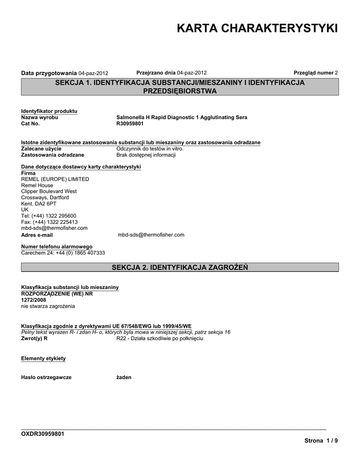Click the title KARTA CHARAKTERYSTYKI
pyautogui.click(x=257, y=29)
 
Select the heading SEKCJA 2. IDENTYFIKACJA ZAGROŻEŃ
pyautogui.click(x=180, y=267)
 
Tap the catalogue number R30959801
pyautogui.click(x=130, y=124)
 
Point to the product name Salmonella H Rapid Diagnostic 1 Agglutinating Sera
pyautogui.click(x=182, y=117)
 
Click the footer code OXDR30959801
pyautogui.click(x=43, y=434)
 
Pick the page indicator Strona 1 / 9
pyautogui.click(x=321, y=441)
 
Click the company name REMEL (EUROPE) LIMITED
pyautogui.click(x=55, y=179)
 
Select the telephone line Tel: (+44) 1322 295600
pyautogui.click(x=49, y=216)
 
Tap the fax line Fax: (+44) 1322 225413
pyautogui.click(x=49, y=222)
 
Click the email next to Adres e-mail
pyautogui.click(x=151, y=235)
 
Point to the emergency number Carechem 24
pyautogui.click(x=63, y=253)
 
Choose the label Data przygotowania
pyautogui.click(x=50, y=73)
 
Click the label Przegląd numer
pyautogui.click(x=314, y=73)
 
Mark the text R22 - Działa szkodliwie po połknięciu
pyautogui.click(x=159, y=339)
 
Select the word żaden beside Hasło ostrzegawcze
pyautogui.click(x=124, y=377)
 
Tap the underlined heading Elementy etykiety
pyautogui.click(x=43, y=359)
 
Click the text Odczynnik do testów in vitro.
pyautogui.click(x=150, y=149)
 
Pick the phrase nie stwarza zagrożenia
pyautogui.click(x=48, y=306)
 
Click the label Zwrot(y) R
pyautogui.click(x=35, y=339)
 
